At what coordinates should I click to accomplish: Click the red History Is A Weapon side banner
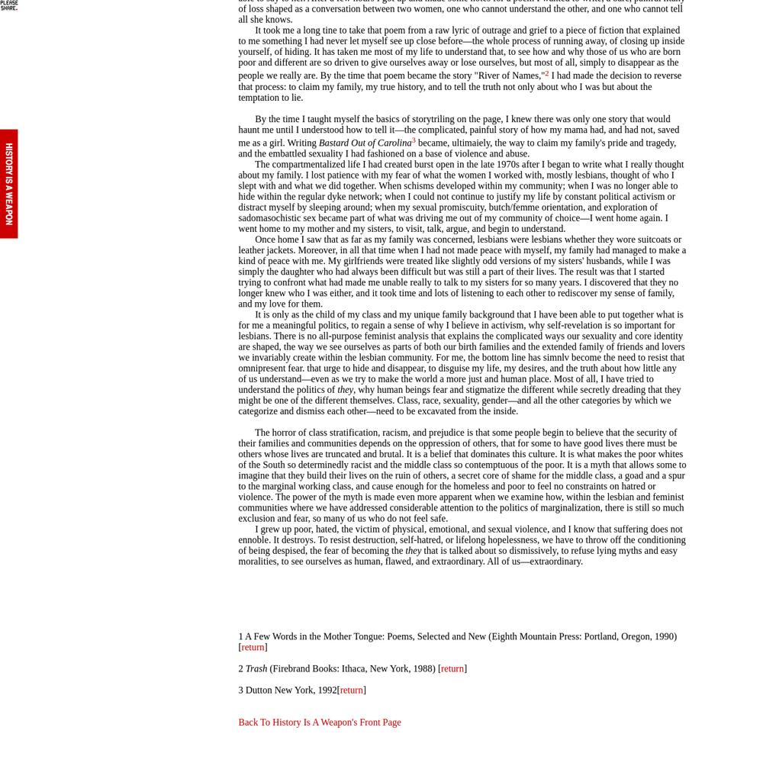(x=9, y=184)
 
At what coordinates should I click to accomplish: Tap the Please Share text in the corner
(x=9, y=5)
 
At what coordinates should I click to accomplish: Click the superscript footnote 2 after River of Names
(x=546, y=73)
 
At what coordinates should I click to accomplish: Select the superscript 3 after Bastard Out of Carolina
(x=414, y=140)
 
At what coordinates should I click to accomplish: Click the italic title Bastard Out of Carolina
(x=365, y=143)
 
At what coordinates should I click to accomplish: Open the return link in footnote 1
(x=253, y=647)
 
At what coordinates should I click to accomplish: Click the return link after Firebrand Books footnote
(x=452, y=668)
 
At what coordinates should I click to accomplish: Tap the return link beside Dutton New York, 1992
(x=352, y=690)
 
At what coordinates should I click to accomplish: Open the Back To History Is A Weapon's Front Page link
(x=319, y=722)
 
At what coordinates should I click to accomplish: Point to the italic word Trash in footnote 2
(x=256, y=668)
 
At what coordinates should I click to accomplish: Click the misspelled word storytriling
(x=440, y=119)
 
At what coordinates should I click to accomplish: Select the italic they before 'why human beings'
(x=345, y=390)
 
